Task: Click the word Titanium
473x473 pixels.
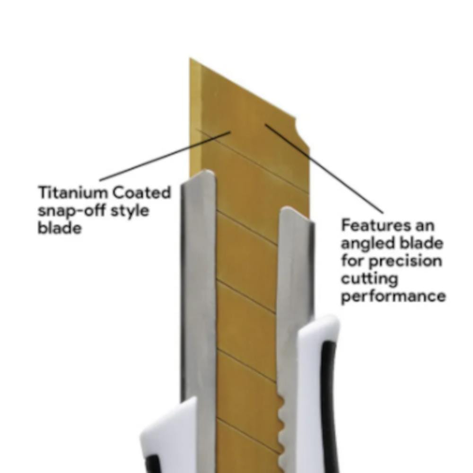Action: click(x=73, y=192)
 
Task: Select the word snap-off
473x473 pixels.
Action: click(x=71, y=211)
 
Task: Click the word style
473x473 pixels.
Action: click(x=130, y=211)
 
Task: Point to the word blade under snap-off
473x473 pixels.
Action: click(x=60, y=228)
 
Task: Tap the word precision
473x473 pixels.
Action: click(x=405, y=261)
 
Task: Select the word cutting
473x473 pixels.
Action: click(x=369, y=279)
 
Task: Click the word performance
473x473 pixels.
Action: click(x=394, y=296)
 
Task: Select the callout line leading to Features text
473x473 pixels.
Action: click(x=324, y=169)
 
